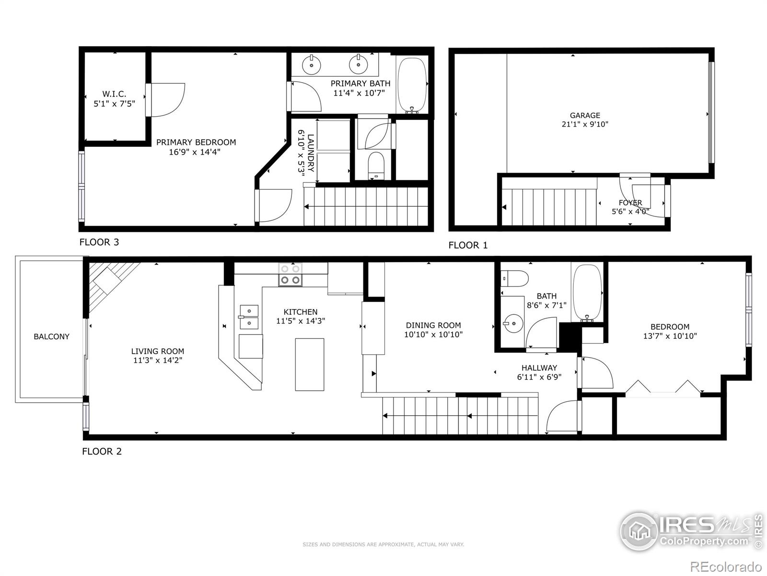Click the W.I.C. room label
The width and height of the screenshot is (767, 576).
coord(114,94)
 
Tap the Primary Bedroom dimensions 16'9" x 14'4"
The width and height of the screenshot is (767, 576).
coord(196,152)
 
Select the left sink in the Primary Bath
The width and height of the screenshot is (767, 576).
coord(312,64)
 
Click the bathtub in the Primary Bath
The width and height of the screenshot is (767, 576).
coord(412,84)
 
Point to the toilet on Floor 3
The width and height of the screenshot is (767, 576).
coord(376,165)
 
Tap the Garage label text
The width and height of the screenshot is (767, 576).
coord(584,115)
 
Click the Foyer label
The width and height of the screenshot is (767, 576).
coord(630,203)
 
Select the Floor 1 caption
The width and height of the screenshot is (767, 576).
coord(467,245)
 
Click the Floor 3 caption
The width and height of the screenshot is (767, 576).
coord(99,242)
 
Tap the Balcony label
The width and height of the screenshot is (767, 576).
coord(51,336)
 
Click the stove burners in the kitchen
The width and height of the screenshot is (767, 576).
coord(291,275)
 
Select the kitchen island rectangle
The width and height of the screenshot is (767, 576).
coord(309,364)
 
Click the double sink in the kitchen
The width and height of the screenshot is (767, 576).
coord(249,317)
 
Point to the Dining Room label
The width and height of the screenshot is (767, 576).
coord(433,325)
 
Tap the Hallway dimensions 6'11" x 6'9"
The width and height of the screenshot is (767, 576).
coord(539,377)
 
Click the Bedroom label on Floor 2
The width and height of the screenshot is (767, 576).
coord(670,327)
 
